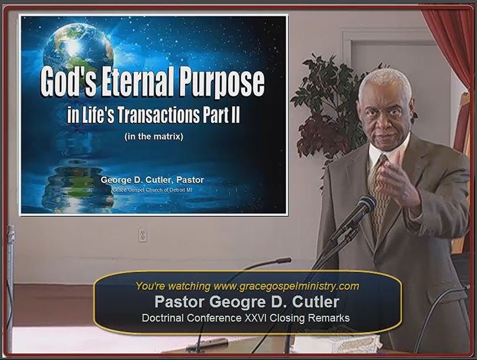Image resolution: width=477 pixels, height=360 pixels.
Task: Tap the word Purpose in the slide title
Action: [222, 83]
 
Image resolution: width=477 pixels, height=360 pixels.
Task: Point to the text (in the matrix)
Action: [154, 137]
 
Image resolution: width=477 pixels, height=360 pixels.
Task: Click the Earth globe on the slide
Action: [78, 48]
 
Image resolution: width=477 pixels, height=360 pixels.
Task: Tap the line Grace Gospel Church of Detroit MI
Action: [152, 190]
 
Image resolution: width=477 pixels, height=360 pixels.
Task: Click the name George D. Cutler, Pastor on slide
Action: [152, 180]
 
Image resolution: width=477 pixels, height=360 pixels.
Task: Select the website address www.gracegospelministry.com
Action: [286, 286]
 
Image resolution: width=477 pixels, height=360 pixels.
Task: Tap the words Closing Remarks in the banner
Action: [310, 318]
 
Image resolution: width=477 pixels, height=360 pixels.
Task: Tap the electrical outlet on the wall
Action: [142, 234]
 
